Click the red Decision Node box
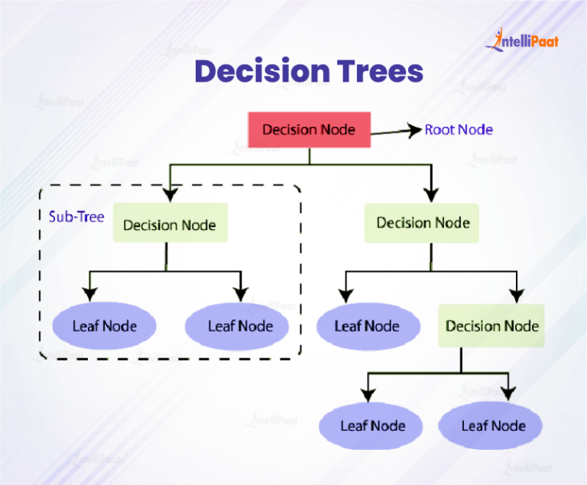click(x=309, y=129)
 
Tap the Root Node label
click(x=459, y=129)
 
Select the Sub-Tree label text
click(x=76, y=216)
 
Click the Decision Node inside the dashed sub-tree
click(x=170, y=224)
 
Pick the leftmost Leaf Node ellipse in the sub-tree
click(x=105, y=326)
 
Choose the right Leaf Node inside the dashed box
click(x=239, y=326)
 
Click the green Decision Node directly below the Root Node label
click(x=422, y=222)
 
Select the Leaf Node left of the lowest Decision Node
click(x=368, y=326)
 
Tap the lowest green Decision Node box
click(x=491, y=326)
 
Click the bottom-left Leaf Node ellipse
click(x=372, y=425)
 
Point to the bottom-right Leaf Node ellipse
click(x=493, y=425)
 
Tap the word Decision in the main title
click(x=251, y=72)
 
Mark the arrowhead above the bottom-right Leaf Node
click(x=508, y=394)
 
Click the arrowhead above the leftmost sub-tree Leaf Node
click(x=91, y=294)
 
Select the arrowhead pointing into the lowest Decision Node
click(x=517, y=295)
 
